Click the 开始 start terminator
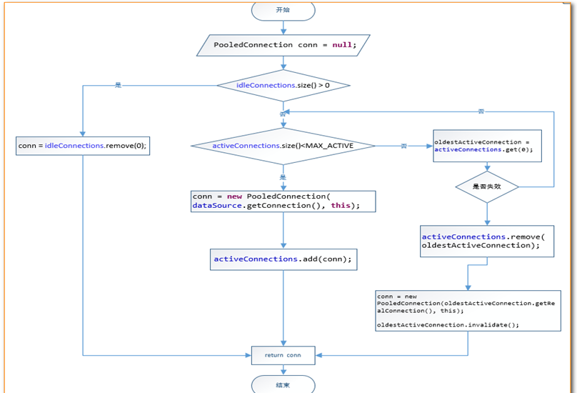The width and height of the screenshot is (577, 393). (283, 10)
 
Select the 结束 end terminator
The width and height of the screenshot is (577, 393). (283, 384)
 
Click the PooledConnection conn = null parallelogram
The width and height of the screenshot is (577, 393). (284, 45)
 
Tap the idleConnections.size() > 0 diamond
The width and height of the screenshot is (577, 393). (284, 86)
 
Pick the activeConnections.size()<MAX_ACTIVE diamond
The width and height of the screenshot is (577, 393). (284, 146)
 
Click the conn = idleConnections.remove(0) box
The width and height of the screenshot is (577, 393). (83, 146)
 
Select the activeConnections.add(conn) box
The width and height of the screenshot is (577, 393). (284, 259)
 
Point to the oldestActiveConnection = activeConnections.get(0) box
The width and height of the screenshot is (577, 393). (487, 146)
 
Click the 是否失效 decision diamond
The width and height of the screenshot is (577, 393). (487, 186)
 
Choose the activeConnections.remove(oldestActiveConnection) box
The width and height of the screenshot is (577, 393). (487, 241)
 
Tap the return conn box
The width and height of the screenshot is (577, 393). (283, 355)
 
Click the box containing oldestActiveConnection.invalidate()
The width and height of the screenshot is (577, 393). (468, 310)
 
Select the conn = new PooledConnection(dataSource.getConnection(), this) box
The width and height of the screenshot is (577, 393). (284, 201)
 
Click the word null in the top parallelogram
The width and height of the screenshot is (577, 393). (342, 45)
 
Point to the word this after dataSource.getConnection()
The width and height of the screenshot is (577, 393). (340, 206)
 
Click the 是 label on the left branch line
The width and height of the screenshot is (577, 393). (118, 85)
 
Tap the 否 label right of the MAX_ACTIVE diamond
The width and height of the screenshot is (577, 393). (403, 146)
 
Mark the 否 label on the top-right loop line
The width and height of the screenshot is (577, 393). (481, 111)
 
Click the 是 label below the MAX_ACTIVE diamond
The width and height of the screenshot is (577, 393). (283, 177)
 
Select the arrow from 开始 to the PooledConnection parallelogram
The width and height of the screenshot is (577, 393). (284, 27)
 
